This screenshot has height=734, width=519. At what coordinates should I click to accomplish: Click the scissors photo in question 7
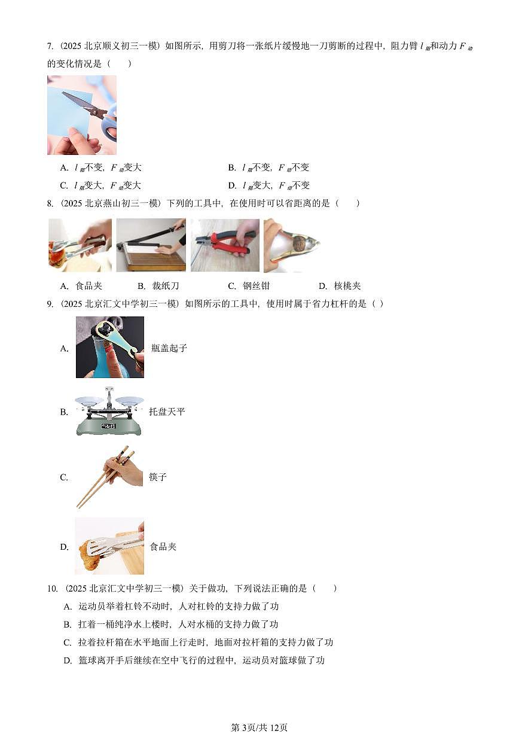pos(82,115)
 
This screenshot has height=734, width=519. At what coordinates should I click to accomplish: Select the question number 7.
pos(50,46)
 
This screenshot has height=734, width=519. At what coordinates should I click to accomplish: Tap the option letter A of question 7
pos(64,167)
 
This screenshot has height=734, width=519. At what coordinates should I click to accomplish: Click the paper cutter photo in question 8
pos(151,245)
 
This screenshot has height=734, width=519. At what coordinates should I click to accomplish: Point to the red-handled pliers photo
pos(225,245)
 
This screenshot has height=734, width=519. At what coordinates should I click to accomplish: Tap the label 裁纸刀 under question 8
pos(165,286)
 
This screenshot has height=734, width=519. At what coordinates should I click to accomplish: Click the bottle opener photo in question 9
pos(109,347)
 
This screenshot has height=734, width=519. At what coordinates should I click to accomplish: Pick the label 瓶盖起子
pos(169,348)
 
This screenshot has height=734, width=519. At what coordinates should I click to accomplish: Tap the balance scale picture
pos(108,412)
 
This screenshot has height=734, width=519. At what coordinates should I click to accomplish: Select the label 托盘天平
pos(167,412)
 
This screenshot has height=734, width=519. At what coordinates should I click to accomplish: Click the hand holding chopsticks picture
pos(109,476)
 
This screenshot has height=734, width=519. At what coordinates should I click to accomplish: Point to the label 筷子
pos(158,477)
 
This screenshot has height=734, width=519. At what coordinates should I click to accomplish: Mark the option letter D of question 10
pos(68,660)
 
